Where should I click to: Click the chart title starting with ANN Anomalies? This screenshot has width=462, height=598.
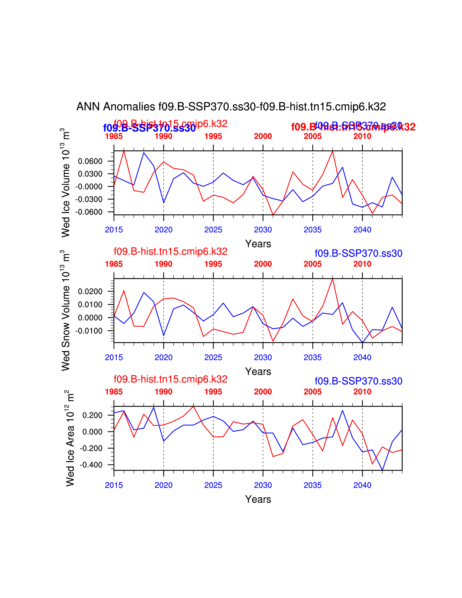[231, 107]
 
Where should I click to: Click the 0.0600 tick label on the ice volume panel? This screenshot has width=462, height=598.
[90, 161]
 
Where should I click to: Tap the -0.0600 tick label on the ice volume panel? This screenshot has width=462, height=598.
[89, 212]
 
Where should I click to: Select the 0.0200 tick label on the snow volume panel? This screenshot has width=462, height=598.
[90, 292]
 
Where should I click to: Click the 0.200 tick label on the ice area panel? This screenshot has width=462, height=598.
[92, 415]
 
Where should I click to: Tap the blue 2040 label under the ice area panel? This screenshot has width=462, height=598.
[362, 485]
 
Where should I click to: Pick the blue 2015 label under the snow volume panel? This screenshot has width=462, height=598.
[114, 357]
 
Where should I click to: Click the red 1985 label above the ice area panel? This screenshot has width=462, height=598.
[114, 392]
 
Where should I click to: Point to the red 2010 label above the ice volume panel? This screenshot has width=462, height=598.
[362, 136]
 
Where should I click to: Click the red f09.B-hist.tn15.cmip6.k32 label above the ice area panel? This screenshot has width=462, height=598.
[170, 379]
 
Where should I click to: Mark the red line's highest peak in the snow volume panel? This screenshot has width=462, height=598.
[332, 279]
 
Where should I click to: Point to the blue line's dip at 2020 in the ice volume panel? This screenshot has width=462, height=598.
[164, 203]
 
